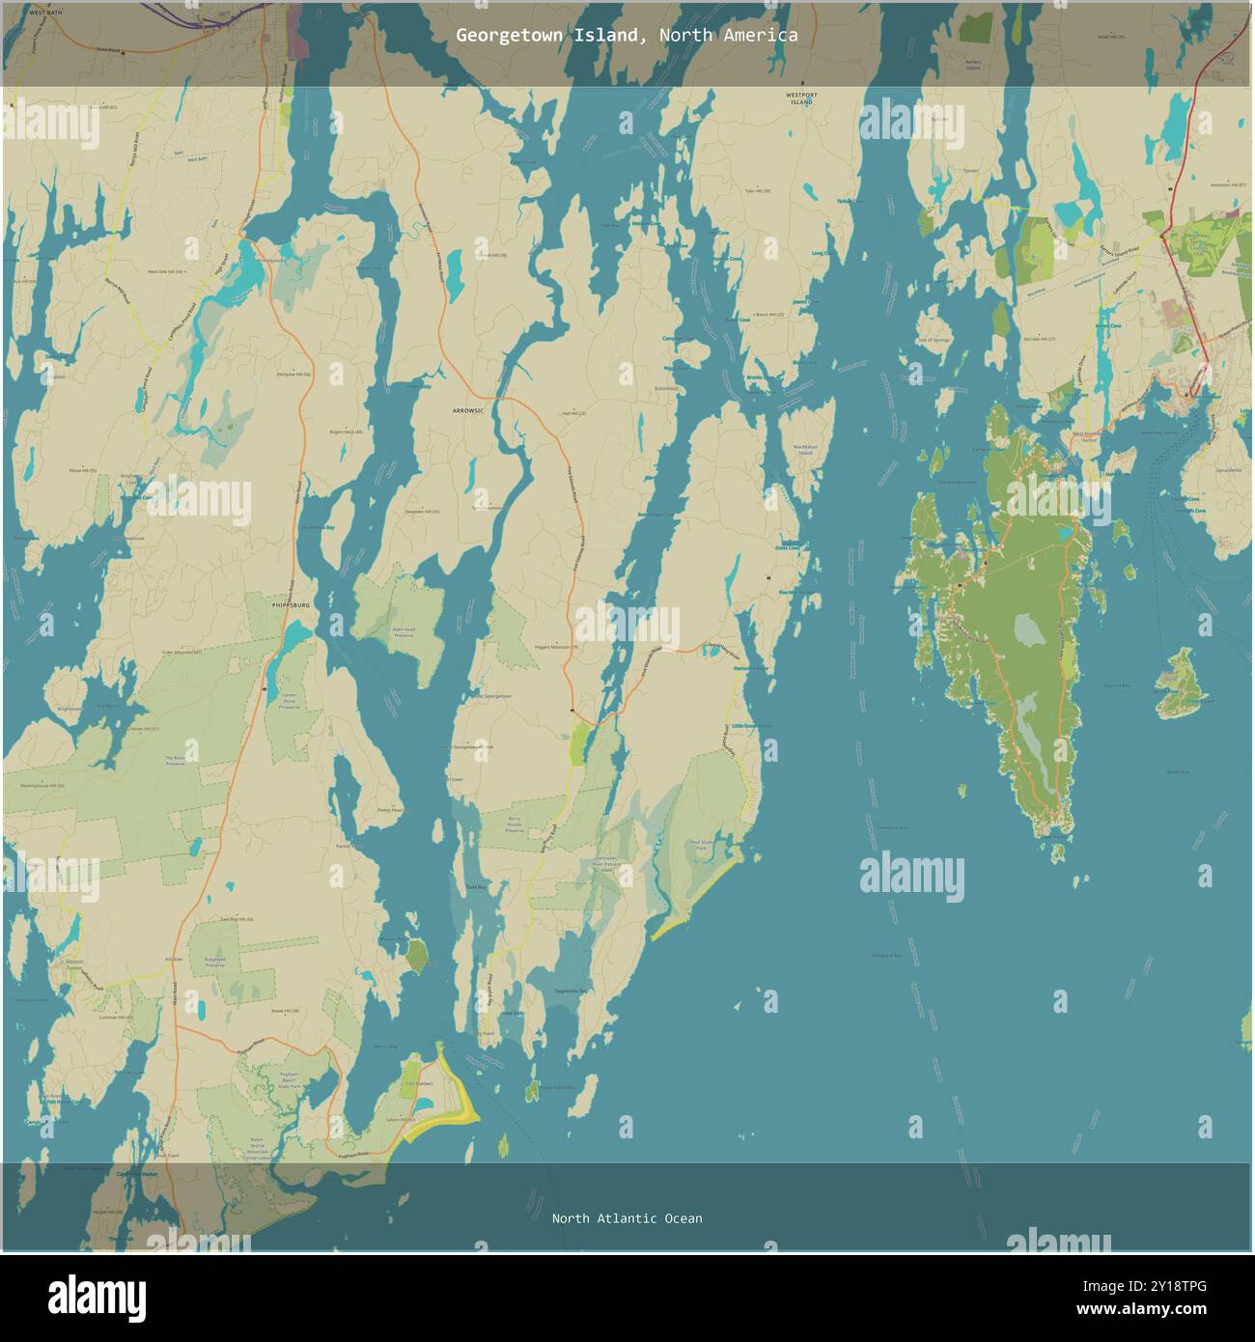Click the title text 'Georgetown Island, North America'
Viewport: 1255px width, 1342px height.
point(627,36)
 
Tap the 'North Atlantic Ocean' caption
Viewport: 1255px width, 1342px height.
point(627,1218)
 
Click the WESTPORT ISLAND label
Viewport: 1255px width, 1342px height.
point(802,98)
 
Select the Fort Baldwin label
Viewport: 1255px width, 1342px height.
point(418,1083)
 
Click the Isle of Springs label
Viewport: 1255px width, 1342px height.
point(934,340)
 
